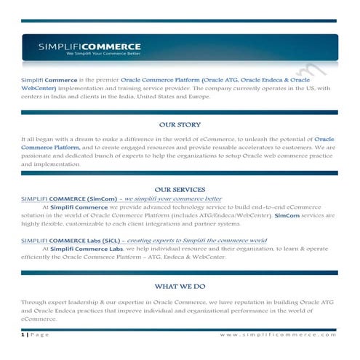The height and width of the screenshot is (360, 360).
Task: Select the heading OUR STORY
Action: click(x=180, y=125)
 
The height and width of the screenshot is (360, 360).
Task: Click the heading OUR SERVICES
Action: click(x=180, y=189)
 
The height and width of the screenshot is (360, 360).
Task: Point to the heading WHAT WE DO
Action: click(x=180, y=287)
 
